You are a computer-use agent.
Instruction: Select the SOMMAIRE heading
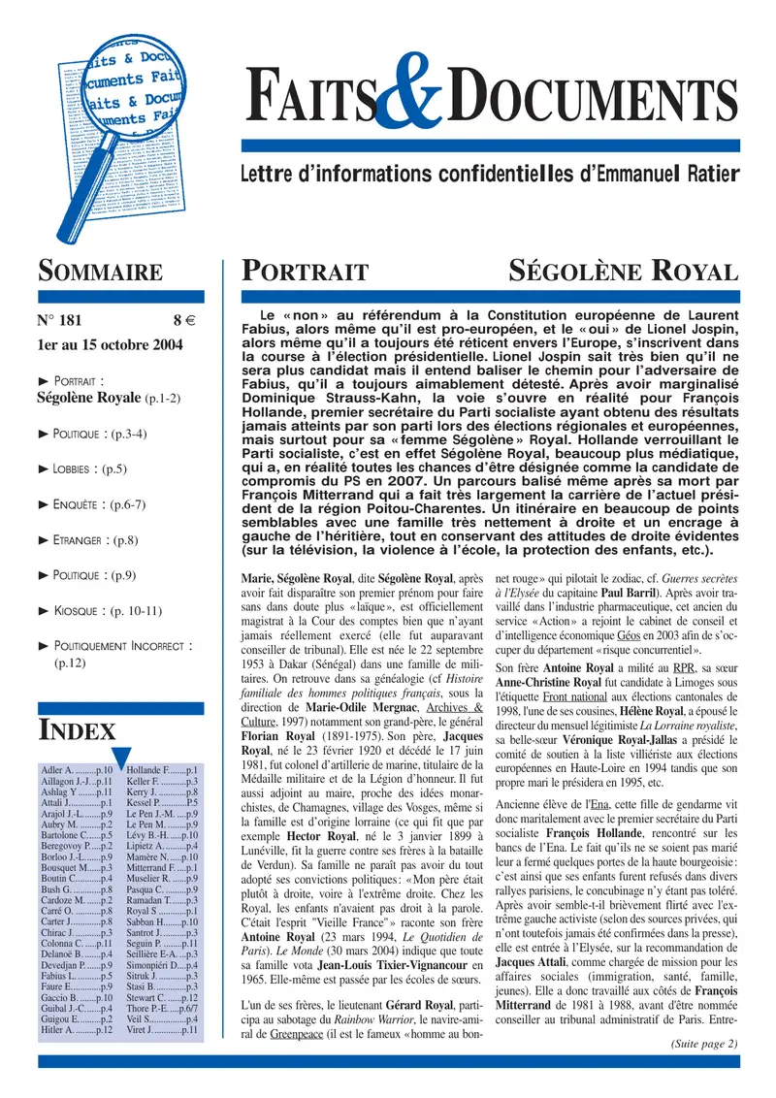coord(100,273)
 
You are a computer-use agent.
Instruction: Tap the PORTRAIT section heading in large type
coord(305,273)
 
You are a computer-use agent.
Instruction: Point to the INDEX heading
coord(77,730)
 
